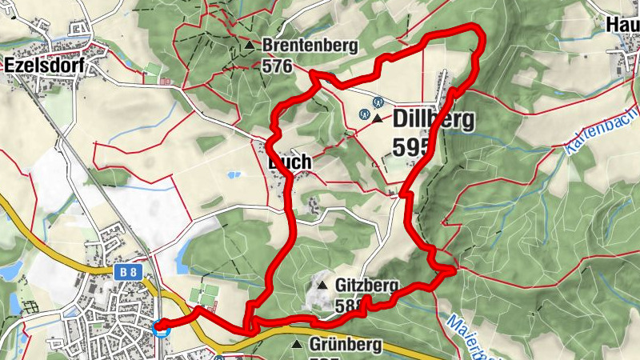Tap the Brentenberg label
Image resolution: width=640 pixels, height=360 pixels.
tap(309, 46)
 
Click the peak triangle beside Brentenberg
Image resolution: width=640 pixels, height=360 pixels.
tap(250, 46)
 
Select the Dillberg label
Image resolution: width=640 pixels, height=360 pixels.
tap(433, 120)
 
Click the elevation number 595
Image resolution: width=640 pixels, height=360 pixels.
tap(412, 146)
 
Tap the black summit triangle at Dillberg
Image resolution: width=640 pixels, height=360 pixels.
tap(377, 118)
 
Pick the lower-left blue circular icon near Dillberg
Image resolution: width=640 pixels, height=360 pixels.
tap(364, 114)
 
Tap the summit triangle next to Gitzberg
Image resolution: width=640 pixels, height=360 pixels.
tap(322, 285)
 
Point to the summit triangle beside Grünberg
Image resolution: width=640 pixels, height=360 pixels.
tap(297, 345)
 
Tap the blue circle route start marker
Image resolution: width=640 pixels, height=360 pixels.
tap(161, 327)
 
